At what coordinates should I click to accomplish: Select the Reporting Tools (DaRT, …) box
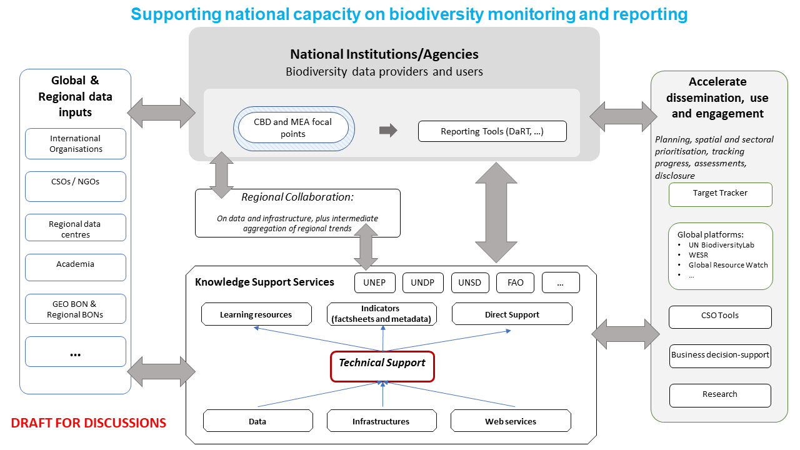(492, 131)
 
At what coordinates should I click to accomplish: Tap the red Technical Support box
(382, 366)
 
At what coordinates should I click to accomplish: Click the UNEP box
(374, 282)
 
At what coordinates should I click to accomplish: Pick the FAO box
(515, 282)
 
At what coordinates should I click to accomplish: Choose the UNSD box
(469, 282)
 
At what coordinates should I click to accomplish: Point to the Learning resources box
(256, 314)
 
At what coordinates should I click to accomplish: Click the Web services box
(511, 421)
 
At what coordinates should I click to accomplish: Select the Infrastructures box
(381, 421)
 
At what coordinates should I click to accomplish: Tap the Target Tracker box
(720, 194)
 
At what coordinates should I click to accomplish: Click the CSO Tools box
(720, 316)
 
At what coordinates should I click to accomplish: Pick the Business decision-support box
(720, 355)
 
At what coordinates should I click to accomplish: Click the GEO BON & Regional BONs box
(76, 309)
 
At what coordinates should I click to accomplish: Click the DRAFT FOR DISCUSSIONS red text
(89, 423)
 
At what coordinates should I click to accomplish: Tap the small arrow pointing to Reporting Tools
(388, 130)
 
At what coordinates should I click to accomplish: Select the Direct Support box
(512, 314)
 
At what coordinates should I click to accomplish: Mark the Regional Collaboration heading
(297, 197)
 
